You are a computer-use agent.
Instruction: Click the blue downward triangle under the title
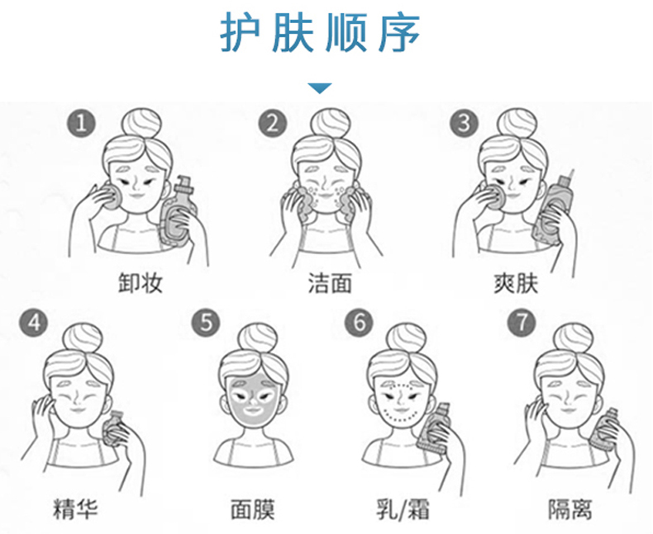(x=320, y=87)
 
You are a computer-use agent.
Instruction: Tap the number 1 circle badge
(x=81, y=123)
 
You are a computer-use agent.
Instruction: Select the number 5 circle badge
(x=206, y=323)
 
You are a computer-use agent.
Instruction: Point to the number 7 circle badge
(x=521, y=321)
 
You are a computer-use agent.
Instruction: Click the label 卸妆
(x=140, y=283)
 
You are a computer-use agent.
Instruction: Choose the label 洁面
(x=330, y=283)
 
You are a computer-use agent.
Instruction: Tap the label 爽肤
(x=516, y=284)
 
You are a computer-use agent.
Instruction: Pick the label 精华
(x=75, y=508)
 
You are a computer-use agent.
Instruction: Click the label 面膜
(x=253, y=508)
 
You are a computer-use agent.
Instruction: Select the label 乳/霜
(x=403, y=508)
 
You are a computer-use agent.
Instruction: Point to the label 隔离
(x=570, y=508)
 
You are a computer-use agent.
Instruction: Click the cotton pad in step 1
(x=111, y=197)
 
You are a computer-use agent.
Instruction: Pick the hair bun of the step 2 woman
(x=330, y=124)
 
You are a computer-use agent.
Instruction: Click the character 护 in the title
(x=241, y=32)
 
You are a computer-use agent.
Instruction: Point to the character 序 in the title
(x=399, y=32)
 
